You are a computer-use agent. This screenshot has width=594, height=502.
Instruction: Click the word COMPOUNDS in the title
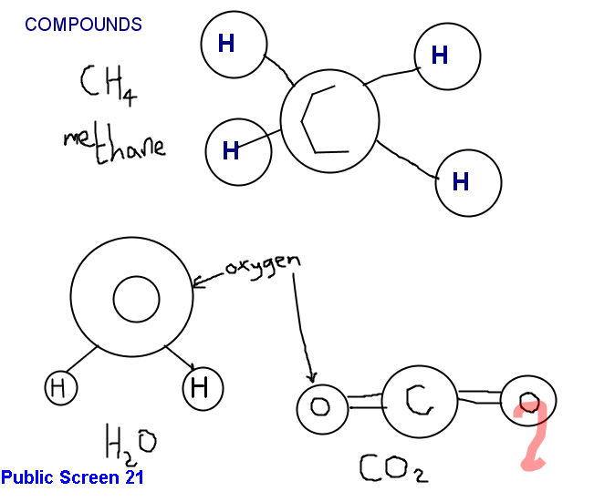click(83, 25)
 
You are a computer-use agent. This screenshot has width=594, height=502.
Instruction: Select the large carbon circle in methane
click(329, 121)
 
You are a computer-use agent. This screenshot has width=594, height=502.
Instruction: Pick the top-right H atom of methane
click(446, 56)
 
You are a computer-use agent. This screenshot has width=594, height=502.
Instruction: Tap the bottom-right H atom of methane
click(467, 182)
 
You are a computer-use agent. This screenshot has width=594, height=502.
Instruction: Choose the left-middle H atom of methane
click(238, 150)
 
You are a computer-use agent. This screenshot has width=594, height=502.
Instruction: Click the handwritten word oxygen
click(262, 265)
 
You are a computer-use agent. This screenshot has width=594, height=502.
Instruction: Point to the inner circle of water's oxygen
click(136, 300)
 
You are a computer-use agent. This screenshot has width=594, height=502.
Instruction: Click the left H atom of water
click(60, 388)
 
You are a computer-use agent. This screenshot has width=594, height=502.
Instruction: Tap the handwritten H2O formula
click(130, 445)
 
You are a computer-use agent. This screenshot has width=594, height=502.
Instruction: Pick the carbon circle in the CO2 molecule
click(418, 398)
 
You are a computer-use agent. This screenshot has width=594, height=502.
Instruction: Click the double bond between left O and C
click(363, 401)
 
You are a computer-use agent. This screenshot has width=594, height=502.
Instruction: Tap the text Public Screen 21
click(72, 476)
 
